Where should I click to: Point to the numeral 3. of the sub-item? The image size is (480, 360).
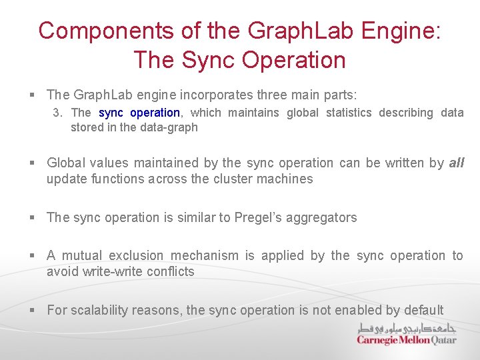pos(58,113)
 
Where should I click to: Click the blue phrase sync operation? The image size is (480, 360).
pos(139,113)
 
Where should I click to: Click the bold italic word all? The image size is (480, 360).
pos(456,163)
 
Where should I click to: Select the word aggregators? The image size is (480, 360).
pos(326,217)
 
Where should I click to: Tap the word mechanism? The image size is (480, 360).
pos(205,255)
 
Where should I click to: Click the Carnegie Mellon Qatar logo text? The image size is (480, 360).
pos(407,340)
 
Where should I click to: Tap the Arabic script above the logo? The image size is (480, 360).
pos(407,329)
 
